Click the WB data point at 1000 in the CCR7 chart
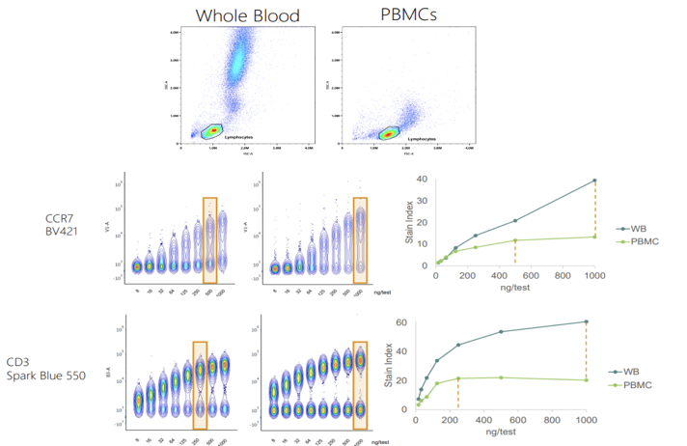[x=595, y=181]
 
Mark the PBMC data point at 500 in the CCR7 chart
[x=515, y=240]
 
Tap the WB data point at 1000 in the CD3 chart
[x=587, y=322]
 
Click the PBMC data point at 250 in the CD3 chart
[x=458, y=378]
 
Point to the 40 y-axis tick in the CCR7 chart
[x=423, y=180]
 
